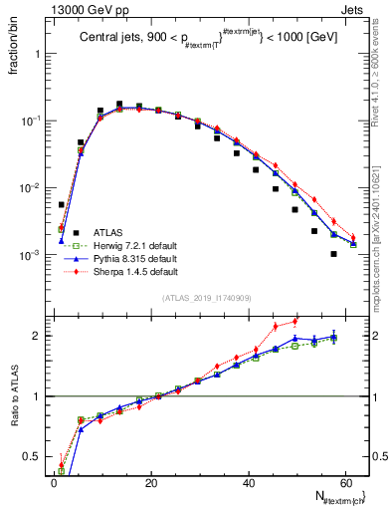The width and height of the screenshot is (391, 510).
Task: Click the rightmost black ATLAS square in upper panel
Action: [334, 254]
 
